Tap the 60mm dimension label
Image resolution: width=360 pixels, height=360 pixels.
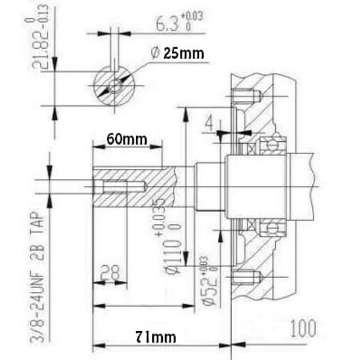(127, 138)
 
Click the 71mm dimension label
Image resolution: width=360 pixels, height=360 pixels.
(156, 336)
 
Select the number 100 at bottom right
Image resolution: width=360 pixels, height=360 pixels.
(302, 328)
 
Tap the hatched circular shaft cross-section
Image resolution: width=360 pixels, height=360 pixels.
(114, 85)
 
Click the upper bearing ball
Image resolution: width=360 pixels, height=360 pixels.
(271, 145)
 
